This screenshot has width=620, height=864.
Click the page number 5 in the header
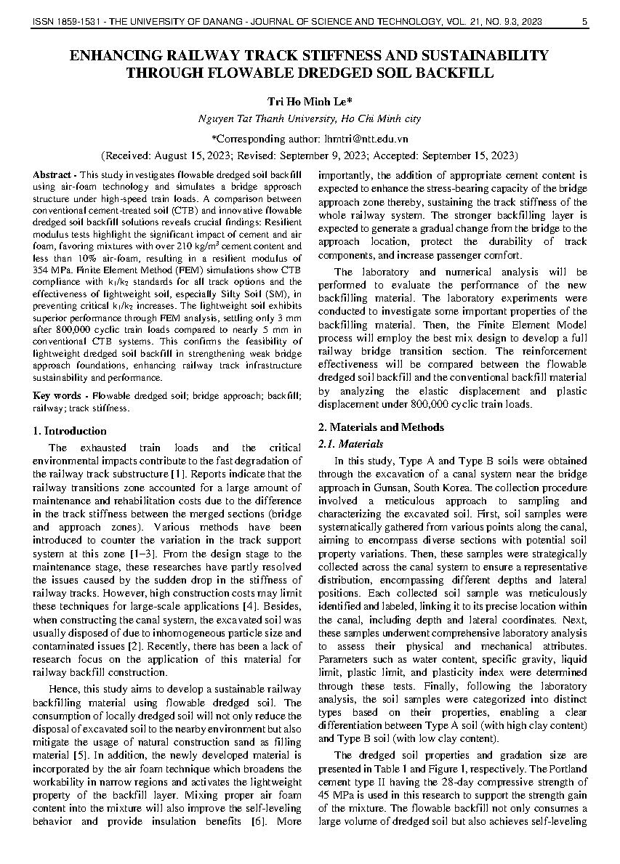(x=584, y=23)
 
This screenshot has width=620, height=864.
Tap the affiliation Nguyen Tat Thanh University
(x=266, y=119)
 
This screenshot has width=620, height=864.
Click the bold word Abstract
(x=52, y=176)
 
